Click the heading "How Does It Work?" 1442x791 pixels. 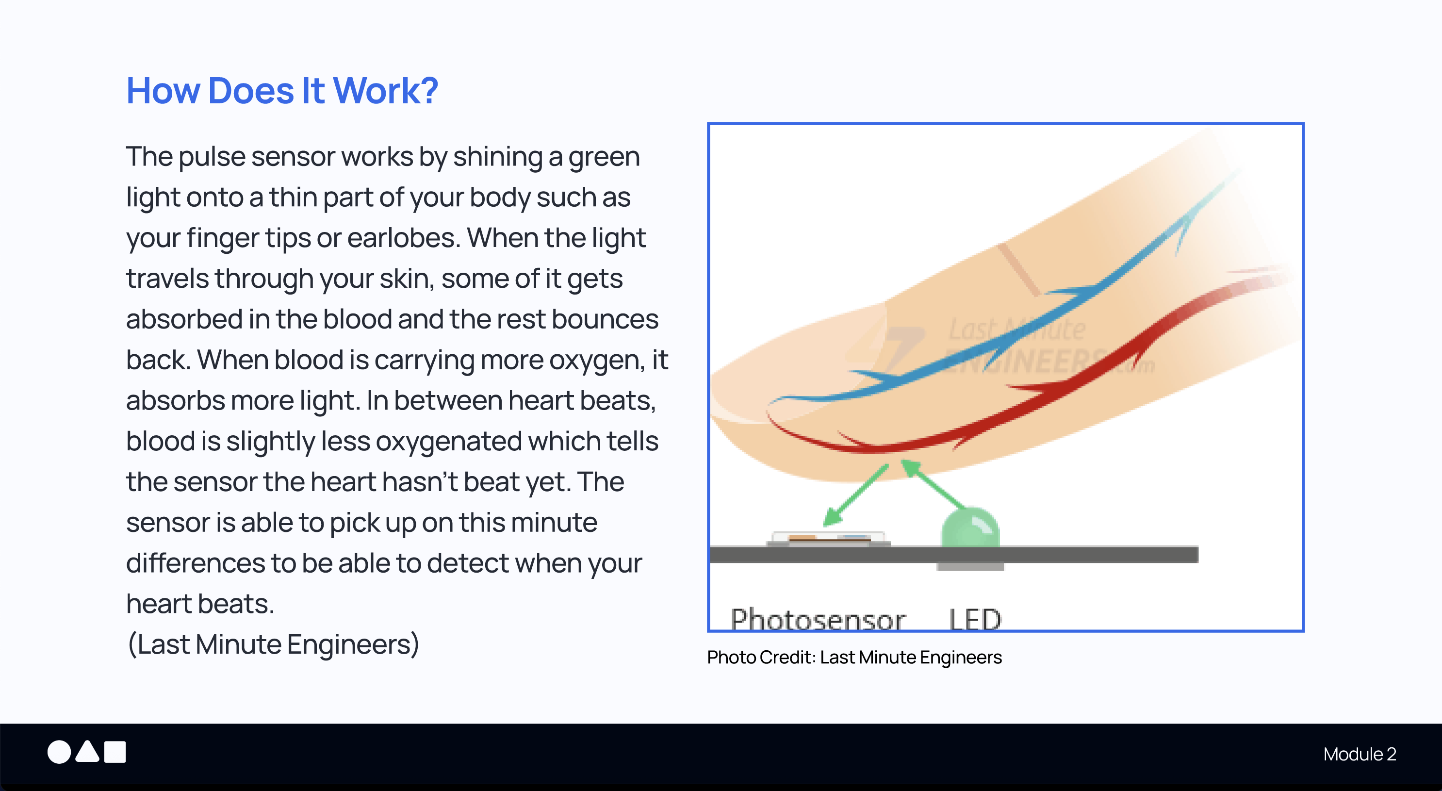click(x=282, y=91)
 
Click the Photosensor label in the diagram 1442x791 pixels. click(x=817, y=619)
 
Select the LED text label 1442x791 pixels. click(x=975, y=619)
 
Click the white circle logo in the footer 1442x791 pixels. click(x=59, y=752)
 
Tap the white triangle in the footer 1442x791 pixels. click(x=87, y=752)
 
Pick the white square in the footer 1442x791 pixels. click(x=115, y=752)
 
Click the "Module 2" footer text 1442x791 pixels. click(x=1359, y=754)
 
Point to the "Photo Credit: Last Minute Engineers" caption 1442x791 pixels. click(x=854, y=657)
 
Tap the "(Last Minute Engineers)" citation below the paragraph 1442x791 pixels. click(x=273, y=644)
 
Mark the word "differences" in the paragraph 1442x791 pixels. click(x=196, y=563)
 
